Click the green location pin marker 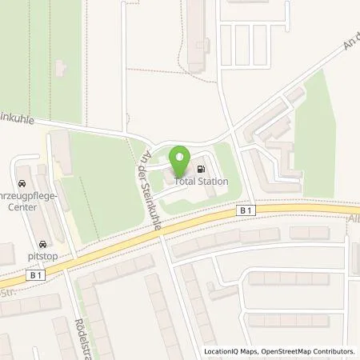[x=179, y=154]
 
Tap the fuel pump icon [x=201, y=169]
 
